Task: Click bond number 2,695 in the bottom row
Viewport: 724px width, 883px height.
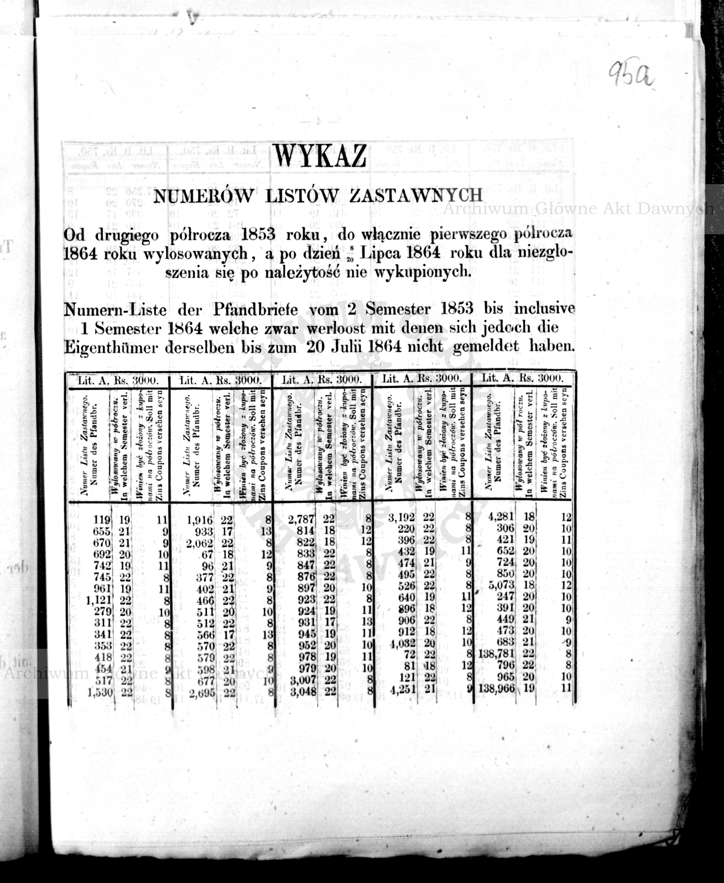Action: coord(200,693)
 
